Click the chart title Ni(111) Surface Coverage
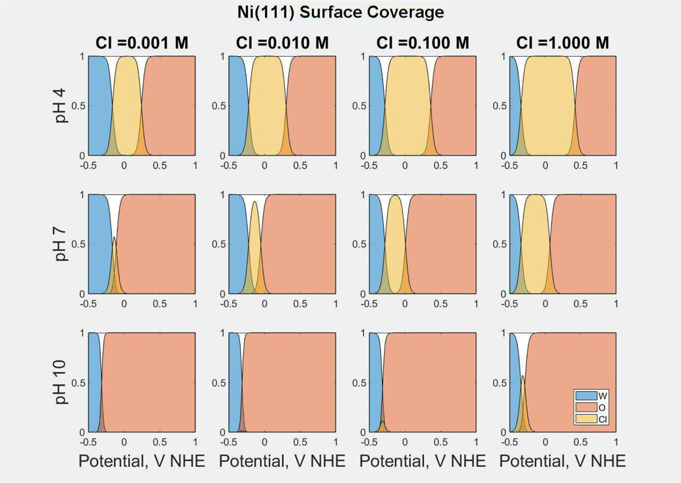tap(340, 11)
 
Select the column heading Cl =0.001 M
tap(141, 43)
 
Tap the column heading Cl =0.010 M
tap(282, 43)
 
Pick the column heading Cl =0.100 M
tap(422, 43)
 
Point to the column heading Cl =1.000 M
tap(562, 43)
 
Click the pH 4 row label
tap(62, 106)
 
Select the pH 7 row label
tap(62, 244)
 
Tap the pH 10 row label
tap(62, 382)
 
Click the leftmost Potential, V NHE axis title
tap(141, 461)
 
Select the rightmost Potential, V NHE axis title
tap(562, 461)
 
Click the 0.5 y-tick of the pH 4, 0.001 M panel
tap(80, 106)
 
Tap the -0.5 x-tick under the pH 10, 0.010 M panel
tap(229, 442)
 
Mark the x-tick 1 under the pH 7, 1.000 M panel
tap(616, 304)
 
